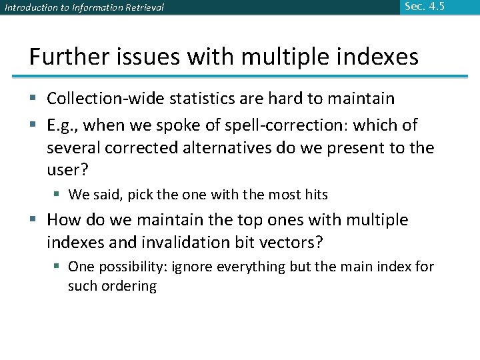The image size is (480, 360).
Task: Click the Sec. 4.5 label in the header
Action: click(x=424, y=7)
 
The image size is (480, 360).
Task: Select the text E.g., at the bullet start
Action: click(x=65, y=125)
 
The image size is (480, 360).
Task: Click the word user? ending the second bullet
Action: click(x=67, y=170)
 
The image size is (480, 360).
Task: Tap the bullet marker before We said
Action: click(x=58, y=195)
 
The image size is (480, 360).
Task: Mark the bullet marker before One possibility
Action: click(x=58, y=267)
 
